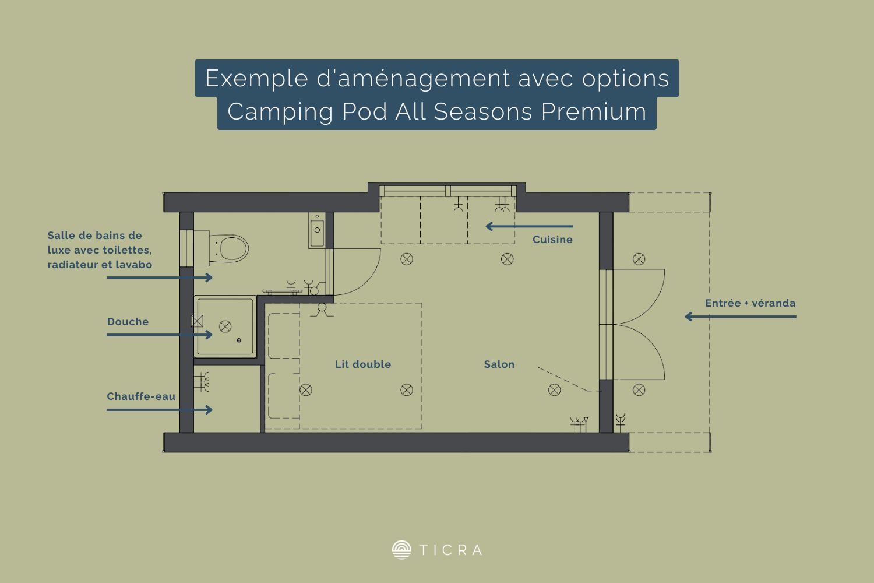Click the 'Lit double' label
[x=363, y=364]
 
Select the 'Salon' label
[x=499, y=364]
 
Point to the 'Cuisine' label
[x=552, y=240]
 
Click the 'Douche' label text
[x=128, y=322]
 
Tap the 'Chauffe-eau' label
[x=141, y=396]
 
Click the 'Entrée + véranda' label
[x=750, y=303]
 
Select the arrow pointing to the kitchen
[x=529, y=226]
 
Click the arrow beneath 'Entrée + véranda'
[x=741, y=317]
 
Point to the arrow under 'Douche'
[x=160, y=335]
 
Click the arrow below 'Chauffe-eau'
[x=160, y=410]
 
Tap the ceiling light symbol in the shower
[x=225, y=326]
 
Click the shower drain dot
[x=239, y=340]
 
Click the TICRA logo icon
[x=401, y=550]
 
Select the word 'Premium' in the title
[x=594, y=112]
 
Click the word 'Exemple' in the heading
[x=257, y=79]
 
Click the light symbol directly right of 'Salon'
[x=555, y=389]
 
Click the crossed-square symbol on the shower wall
[x=197, y=321]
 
